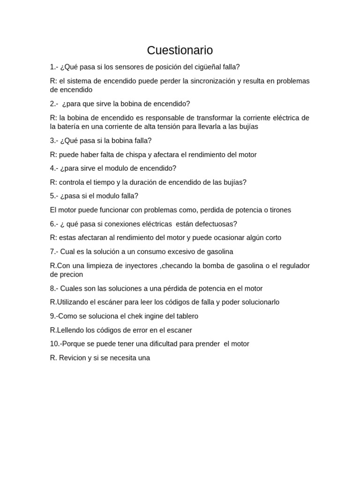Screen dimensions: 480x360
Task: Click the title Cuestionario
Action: [x=180, y=50]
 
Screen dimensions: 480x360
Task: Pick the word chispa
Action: [x=130, y=154]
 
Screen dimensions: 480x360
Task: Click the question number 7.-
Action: [x=54, y=252]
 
